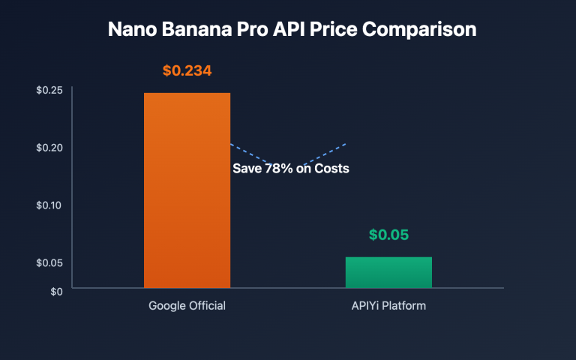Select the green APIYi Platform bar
tap(388, 272)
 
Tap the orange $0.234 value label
tap(187, 71)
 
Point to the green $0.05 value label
tap(388, 235)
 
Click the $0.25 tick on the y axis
tap(49, 90)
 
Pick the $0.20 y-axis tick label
tap(49, 148)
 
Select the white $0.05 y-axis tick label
tap(49, 263)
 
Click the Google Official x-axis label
tap(187, 306)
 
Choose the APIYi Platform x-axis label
tap(388, 306)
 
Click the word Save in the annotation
tap(247, 169)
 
